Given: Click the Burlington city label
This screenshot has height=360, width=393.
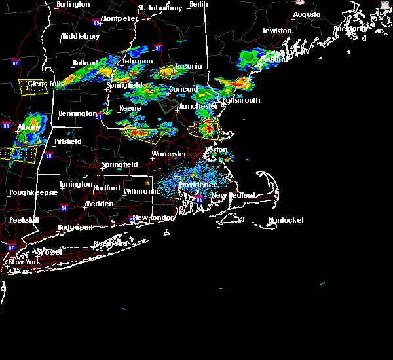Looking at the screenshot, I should pos(73,5).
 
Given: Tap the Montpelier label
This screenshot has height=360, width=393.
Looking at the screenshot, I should pos(119,19).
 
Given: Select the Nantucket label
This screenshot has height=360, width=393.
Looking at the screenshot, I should pos(286,221).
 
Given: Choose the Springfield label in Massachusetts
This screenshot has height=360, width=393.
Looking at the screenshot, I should pos(120,165).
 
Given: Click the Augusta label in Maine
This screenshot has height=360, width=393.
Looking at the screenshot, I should pos(307,14).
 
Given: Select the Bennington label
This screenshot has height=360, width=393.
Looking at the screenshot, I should pos(77,114).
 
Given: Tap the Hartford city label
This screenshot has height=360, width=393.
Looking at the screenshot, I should pos(107,189).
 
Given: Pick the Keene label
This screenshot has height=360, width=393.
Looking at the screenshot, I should pos(130,109).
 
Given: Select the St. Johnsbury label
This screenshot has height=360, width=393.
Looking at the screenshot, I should pos(160,9).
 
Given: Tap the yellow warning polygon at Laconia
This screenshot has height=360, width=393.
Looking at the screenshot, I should pos(167,71).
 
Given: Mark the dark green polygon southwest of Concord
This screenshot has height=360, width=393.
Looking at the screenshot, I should pos(168,105).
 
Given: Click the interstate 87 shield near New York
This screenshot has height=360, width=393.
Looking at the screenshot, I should pos(11,247).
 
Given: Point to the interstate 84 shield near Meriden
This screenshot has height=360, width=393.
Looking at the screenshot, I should pos(64,208).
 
